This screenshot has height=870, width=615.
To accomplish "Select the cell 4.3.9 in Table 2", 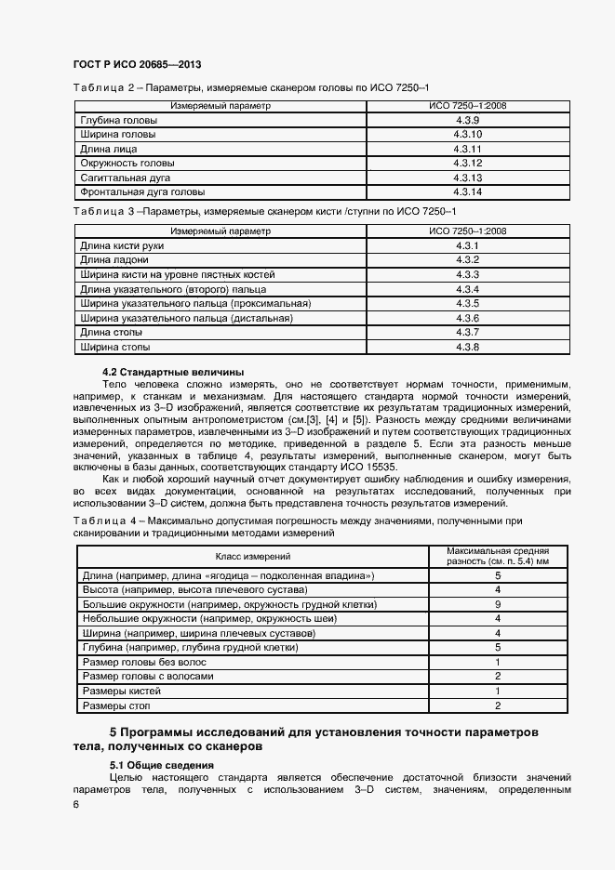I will pyautogui.click(x=467, y=121).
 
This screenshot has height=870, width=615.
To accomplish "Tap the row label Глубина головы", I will pyautogui.click(x=118, y=121).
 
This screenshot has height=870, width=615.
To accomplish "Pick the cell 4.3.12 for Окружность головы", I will pyautogui.click(x=467, y=164).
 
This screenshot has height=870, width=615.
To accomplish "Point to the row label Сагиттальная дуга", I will pyautogui.click(x=127, y=178).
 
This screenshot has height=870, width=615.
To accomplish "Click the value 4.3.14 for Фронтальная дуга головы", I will pyautogui.click(x=467, y=191).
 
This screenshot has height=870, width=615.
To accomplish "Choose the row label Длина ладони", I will pyautogui.click(x=114, y=260).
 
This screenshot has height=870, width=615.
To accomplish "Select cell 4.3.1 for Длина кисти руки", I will pyautogui.click(x=467, y=245).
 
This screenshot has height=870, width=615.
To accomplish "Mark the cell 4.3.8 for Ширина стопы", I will pyautogui.click(x=467, y=347).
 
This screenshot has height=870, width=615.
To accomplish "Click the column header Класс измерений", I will pyautogui.click(x=253, y=556).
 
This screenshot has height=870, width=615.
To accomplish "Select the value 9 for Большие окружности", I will pyautogui.click(x=499, y=605).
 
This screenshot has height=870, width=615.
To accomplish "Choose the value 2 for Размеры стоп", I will pyautogui.click(x=499, y=705).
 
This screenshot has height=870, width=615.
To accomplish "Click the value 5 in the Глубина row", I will pyautogui.click(x=499, y=648).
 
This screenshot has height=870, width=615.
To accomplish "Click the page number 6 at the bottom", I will pyautogui.click(x=75, y=805).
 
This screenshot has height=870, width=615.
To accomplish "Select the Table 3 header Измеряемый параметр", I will pyautogui.click(x=221, y=231).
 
